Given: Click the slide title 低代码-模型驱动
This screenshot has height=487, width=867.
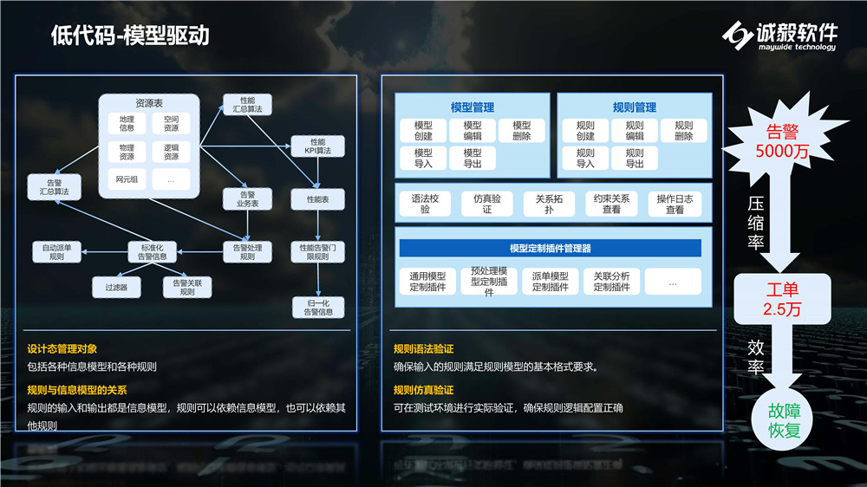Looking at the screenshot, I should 130,36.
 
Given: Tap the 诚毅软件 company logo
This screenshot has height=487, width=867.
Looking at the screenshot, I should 780,36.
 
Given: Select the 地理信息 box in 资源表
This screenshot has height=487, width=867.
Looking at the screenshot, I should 127,124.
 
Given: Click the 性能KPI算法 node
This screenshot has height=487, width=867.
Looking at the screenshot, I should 317,146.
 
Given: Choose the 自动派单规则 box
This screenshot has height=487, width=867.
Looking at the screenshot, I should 56,252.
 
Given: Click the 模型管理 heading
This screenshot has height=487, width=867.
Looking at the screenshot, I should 473,107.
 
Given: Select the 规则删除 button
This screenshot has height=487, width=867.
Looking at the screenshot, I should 683,131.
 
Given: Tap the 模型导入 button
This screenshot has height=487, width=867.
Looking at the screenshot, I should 423,158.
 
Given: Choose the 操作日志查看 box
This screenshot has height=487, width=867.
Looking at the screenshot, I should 675,204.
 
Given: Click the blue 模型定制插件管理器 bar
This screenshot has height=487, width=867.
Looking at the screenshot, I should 551,248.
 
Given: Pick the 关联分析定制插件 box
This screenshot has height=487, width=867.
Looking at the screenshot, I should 611,281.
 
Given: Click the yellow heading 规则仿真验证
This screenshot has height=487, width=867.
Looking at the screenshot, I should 423,389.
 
